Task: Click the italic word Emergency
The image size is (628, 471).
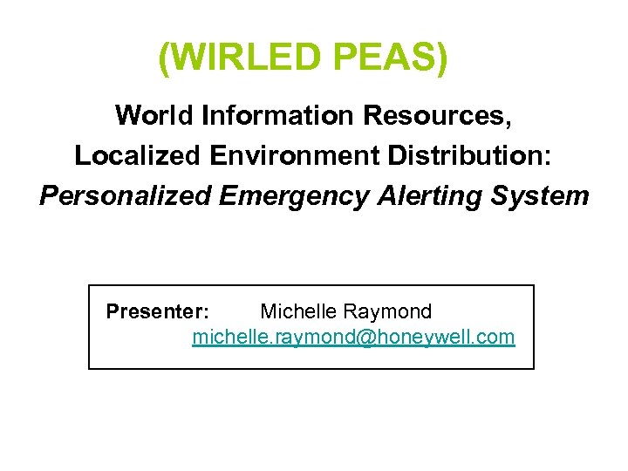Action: [294, 195]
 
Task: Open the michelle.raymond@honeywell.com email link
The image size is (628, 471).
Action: [353, 337]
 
